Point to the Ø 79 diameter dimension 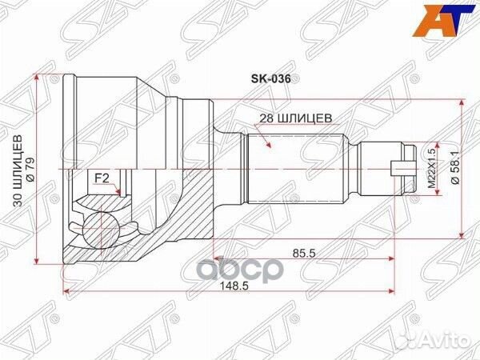30,169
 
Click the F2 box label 102,177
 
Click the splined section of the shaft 296,168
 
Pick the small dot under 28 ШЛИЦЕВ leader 267,148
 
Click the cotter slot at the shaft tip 398,168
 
